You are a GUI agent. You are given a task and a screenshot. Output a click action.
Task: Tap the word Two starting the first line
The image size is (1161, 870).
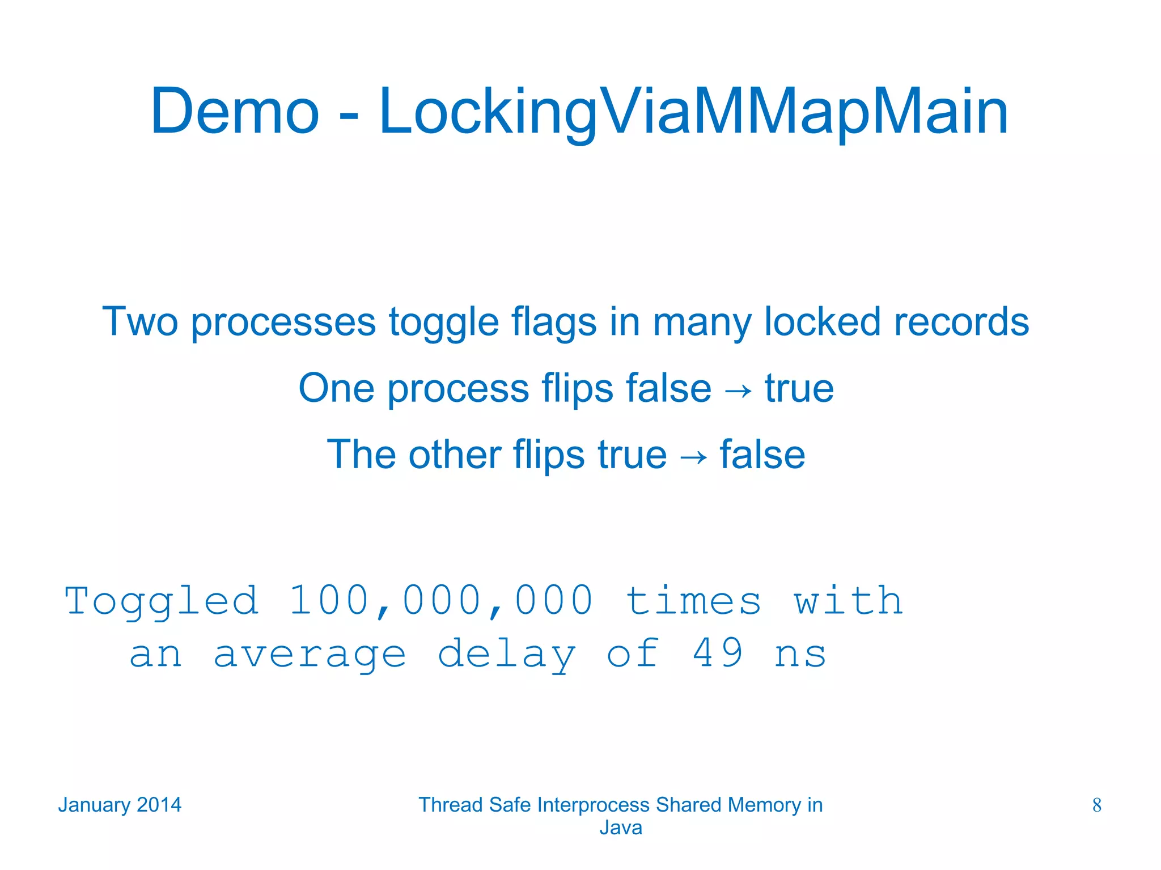(x=139, y=322)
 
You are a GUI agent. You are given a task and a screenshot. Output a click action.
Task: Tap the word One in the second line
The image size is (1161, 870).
(x=336, y=388)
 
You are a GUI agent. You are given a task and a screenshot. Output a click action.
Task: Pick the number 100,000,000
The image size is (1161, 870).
(x=441, y=601)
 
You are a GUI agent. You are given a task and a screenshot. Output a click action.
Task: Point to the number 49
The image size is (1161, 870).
(x=718, y=653)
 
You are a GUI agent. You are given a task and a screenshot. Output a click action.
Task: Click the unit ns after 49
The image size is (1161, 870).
(x=800, y=654)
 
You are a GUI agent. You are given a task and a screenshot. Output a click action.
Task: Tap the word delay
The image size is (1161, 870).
(x=506, y=654)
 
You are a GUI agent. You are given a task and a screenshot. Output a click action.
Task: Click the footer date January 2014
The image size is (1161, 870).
(x=120, y=805)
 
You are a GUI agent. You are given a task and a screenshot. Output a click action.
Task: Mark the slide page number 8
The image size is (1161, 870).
(x=1096, y=805)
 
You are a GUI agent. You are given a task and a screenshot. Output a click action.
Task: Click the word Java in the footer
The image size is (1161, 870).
(x=621, y=828)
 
